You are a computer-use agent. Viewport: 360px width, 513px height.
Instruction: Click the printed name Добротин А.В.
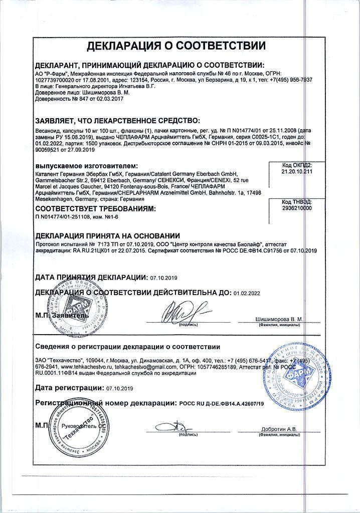(279, 429)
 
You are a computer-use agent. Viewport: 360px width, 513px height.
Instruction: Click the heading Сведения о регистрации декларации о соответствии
(127, 347)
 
